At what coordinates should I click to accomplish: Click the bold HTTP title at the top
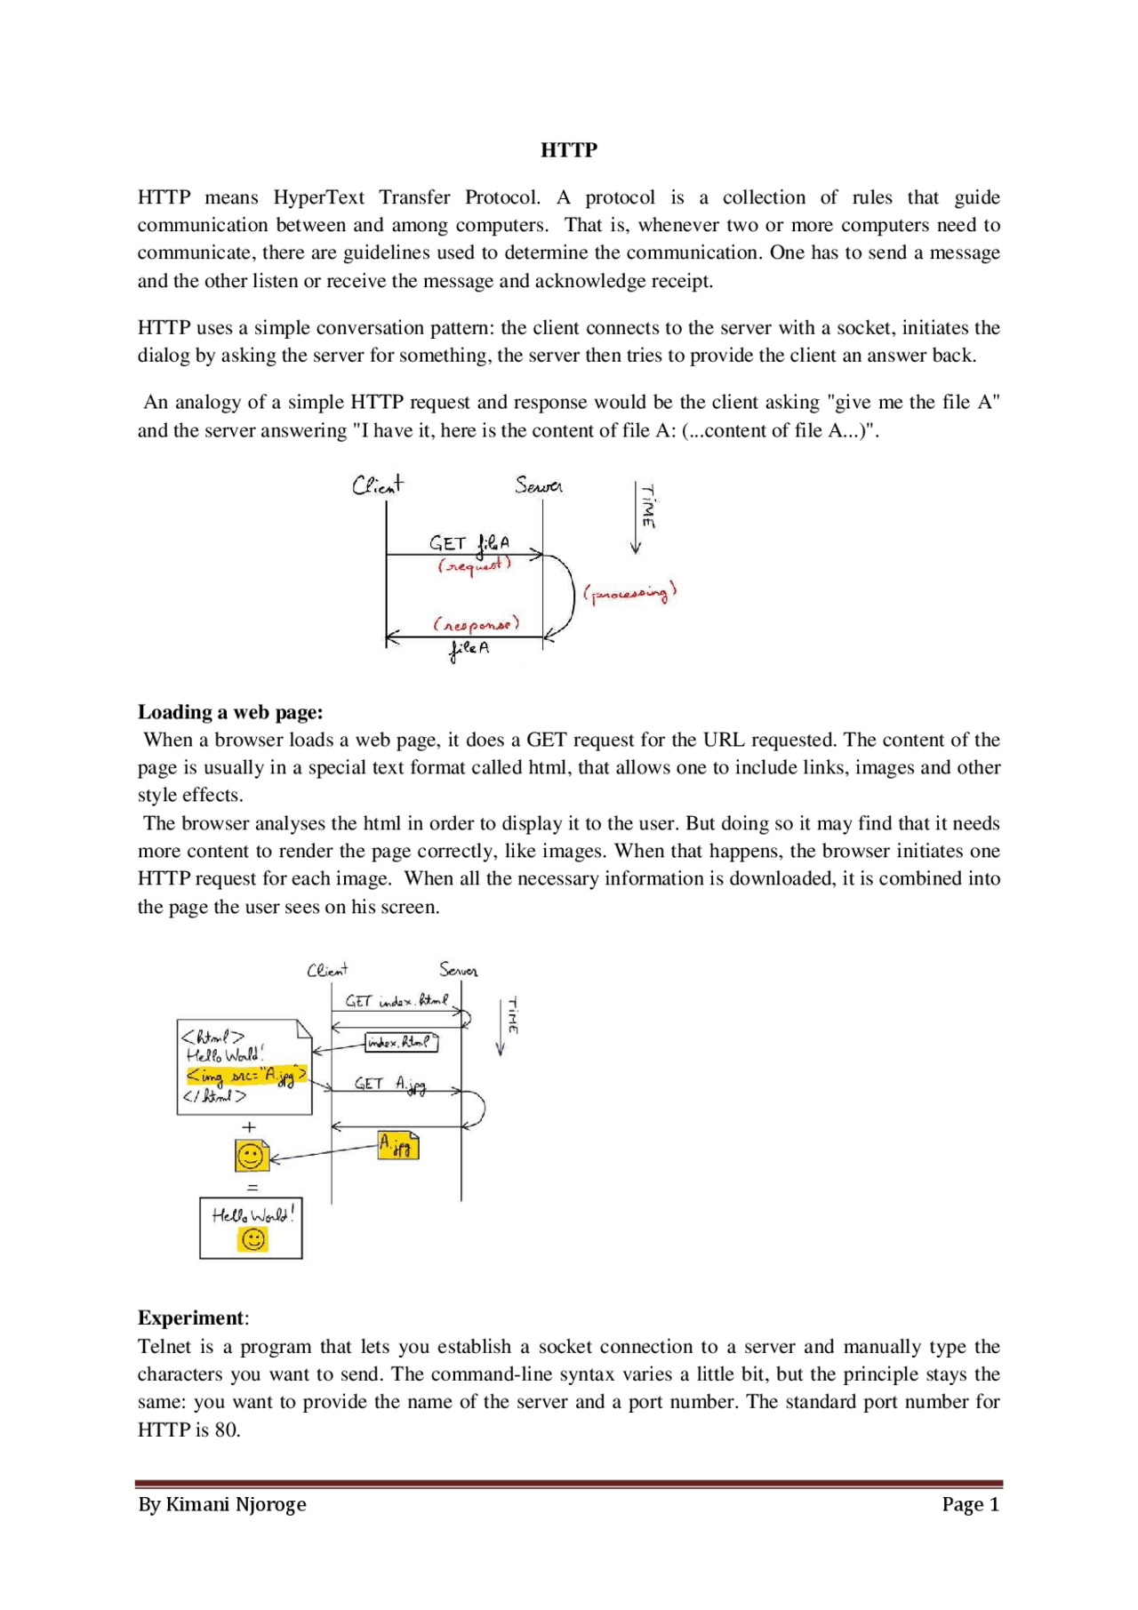(569, 150)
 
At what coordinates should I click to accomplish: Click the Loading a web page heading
(230, 712)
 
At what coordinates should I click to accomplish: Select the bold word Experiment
(191, 1318)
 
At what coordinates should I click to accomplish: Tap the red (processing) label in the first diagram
(629, 593)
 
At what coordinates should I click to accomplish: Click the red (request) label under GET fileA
(474, 565)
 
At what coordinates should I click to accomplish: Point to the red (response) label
(477, 624)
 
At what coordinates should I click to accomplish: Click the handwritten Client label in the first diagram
(377, 485)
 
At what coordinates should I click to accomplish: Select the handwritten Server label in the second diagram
(458, 970)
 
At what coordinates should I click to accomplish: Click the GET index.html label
(397, 1001)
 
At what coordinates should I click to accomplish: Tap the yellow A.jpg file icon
(397, 1145)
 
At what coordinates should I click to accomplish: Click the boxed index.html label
(401, 1042)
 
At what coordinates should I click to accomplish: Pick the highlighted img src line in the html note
(246, 1076)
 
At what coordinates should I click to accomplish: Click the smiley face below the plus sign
(251, 1157)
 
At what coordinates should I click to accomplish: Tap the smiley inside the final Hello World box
(253, 1239)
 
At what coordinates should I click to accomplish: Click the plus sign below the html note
(249, 1127)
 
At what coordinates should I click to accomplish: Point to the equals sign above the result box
(252, 1188)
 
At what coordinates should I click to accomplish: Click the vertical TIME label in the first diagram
(649, 507)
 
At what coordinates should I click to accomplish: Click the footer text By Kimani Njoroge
(222, 1504)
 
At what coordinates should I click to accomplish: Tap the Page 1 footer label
(970, 1504)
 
